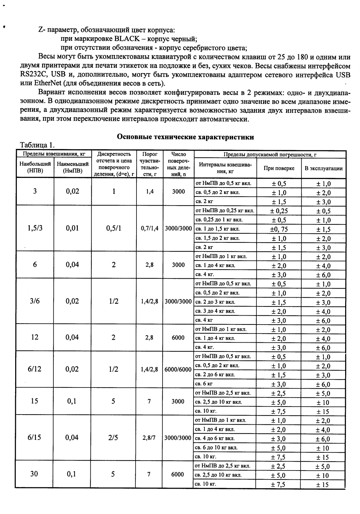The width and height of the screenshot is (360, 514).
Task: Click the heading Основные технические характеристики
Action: pyautogui.click(x=186, y=137)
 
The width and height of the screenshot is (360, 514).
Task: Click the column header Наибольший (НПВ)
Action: pyautogui.click(x=35, y=167)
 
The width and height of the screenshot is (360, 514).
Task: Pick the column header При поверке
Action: pyautogui.click(x=279, y=168)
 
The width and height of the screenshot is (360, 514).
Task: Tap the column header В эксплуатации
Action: pyautogui.click(x=323, y=168)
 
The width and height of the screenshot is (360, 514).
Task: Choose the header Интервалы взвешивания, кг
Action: pyautogui.click(x=225, y=168)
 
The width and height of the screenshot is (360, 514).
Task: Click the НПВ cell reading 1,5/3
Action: pyautogui.click(x=35, y=228)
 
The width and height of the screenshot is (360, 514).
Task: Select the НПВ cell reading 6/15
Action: pyautogui.click(x=35, y=438)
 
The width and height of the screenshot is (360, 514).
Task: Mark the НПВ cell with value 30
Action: pyautogui.click(x=34, y=474)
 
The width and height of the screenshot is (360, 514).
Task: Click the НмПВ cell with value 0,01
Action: pyautogui.click(x=72, y=228)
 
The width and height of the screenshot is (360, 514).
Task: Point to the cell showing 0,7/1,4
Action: pyautogui.click(x=149, y=228)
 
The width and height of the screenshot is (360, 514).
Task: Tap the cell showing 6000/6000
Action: pyautogui.click(x=178, y=369)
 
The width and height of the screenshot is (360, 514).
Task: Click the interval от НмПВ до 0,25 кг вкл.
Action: pyautogui.click(x=225, y=211)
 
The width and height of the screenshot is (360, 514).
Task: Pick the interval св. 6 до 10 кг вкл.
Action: pyautogui.click(x=216, y=447)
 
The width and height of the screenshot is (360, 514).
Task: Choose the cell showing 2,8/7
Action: pyautogui.click(x=149, y=438)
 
